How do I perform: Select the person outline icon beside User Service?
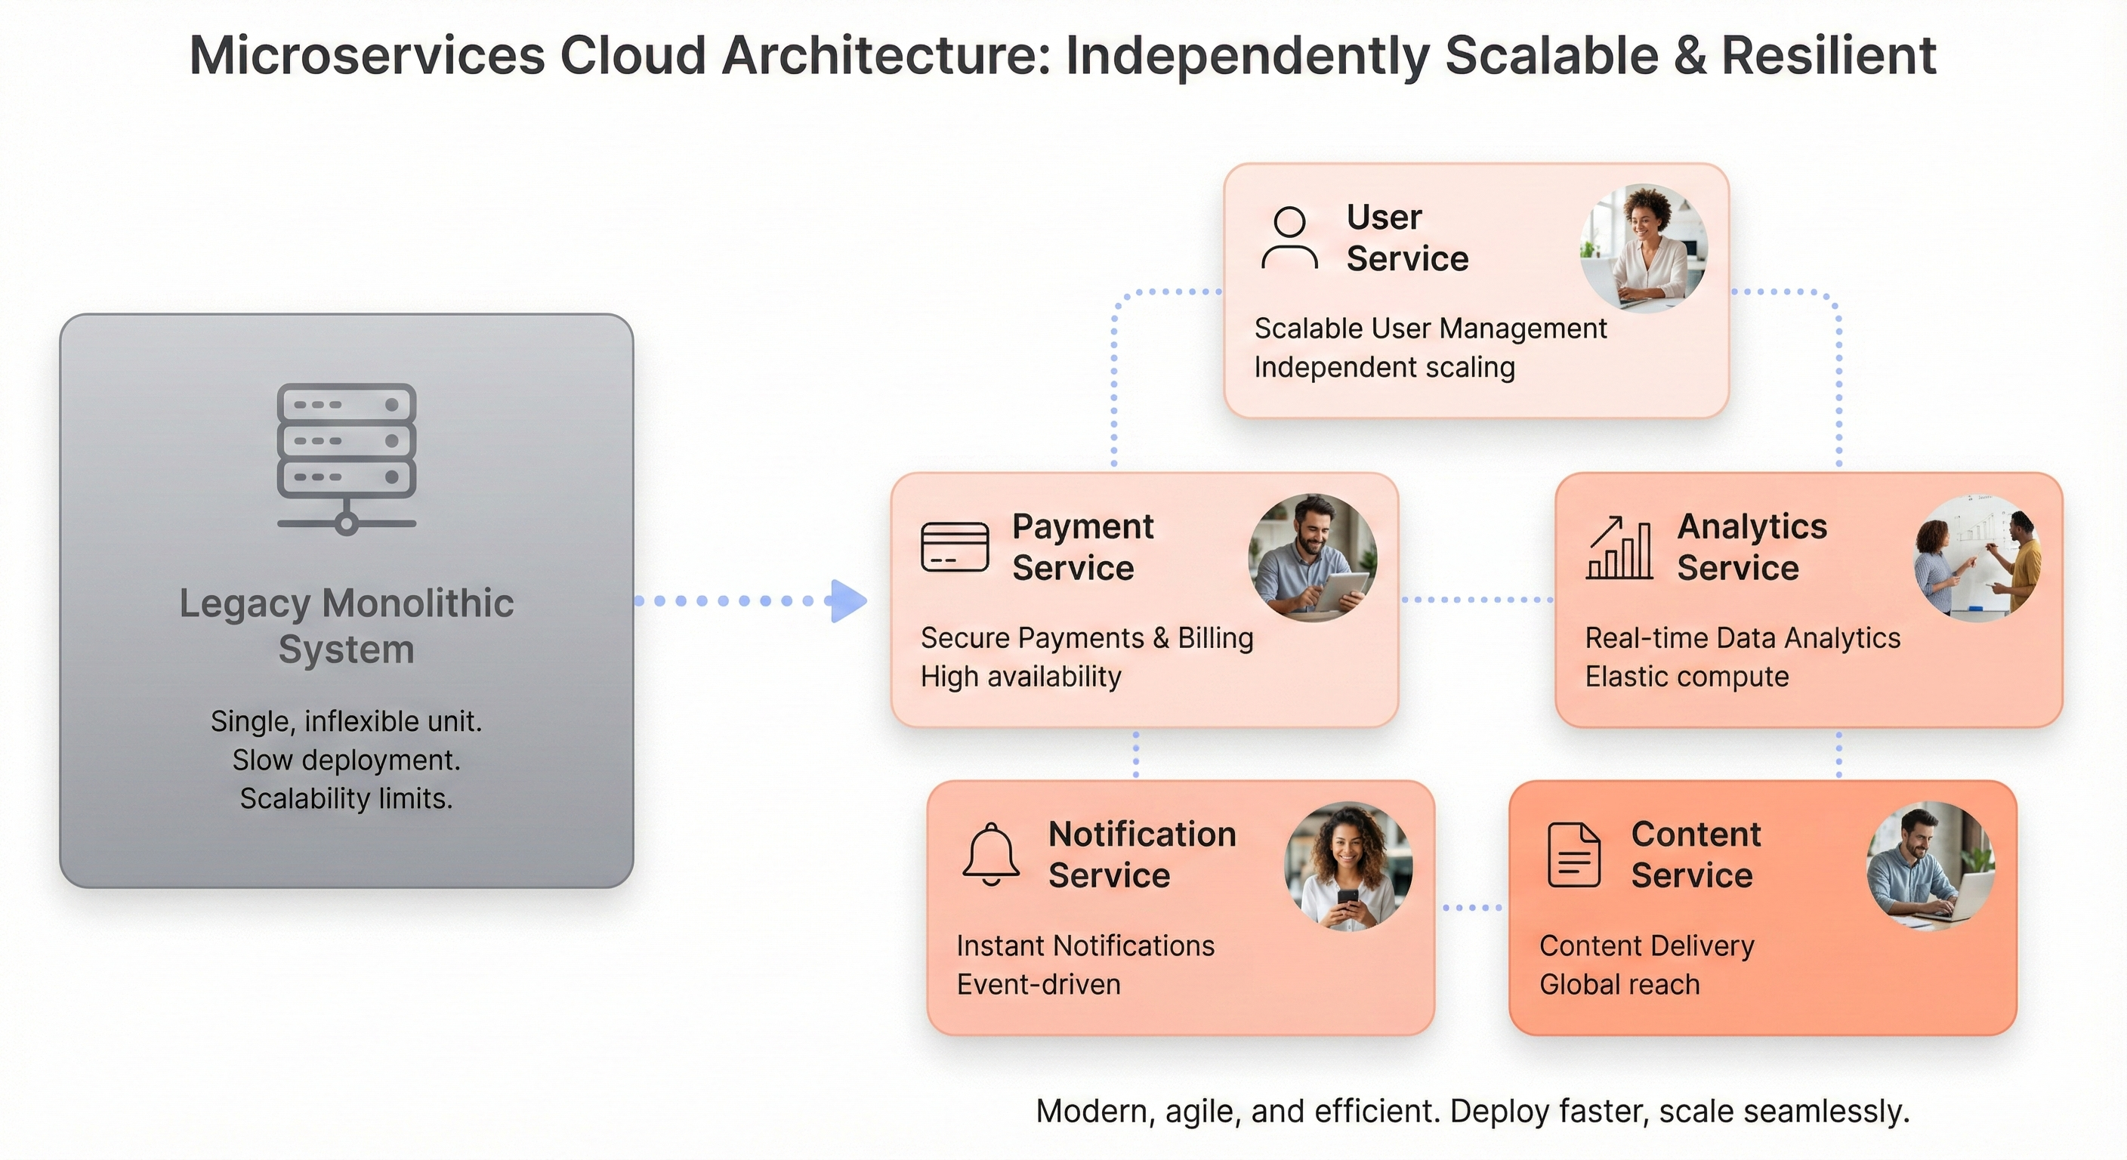point(1289,238)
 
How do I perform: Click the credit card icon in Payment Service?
point(955,547)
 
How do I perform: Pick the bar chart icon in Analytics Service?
point(1619,548)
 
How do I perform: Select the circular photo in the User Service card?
point(1643,248)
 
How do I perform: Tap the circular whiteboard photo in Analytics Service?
point(1977,558)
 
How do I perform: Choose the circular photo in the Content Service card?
point(1931,865)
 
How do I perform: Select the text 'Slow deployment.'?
point(346,760)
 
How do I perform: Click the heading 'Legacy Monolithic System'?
point(346,626)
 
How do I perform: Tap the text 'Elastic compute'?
point(1686,676)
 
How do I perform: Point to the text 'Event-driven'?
point(1038,984)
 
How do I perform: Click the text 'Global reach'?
point(1619,984)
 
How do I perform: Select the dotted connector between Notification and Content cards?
point(1472,907)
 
